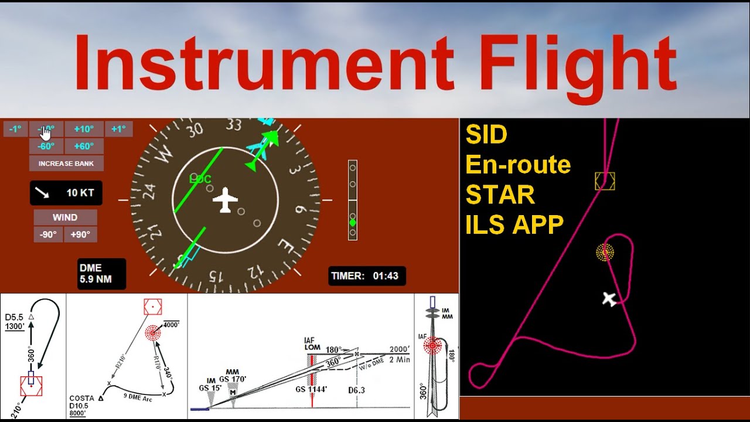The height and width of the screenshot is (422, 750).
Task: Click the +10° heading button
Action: pyautogui.click(x=84, y=129)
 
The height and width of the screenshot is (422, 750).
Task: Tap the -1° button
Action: pyautogui.click(x=15, y=129)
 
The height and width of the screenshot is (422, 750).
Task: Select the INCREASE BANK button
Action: pyautogui.click(x=66, y=164)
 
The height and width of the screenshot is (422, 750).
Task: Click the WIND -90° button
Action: pyautogui.click(x=48, y=234)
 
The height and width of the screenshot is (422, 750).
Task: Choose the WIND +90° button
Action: pyautogui.click(x=81, y=234)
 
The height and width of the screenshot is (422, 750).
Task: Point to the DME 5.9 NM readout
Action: pyautogui.click(x=101, y=274)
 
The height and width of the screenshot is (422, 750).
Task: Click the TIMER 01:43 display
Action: pyautogui.click(x=367, y=276)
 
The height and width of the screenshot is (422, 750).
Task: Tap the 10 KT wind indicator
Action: pyautogui.click(x=66, y=193)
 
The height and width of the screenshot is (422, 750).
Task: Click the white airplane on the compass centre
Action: pyautogui.click(x=225, y=200)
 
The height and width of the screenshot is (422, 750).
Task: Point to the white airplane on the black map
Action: pyautogui.click(x=610, y=299)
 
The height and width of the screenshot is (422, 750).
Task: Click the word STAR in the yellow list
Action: pyautogui.click(x=500, y=195)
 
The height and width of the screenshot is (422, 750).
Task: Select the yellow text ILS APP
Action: pyautogui.click(x=514, y=224)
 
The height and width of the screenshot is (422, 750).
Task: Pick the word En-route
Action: pyautogui.click(x=518, y=165)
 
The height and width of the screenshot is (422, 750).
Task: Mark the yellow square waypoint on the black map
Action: pyautogui.click(x=605, y=181)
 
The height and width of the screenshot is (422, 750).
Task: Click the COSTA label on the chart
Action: pyautogui.click(x=81, y=399)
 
